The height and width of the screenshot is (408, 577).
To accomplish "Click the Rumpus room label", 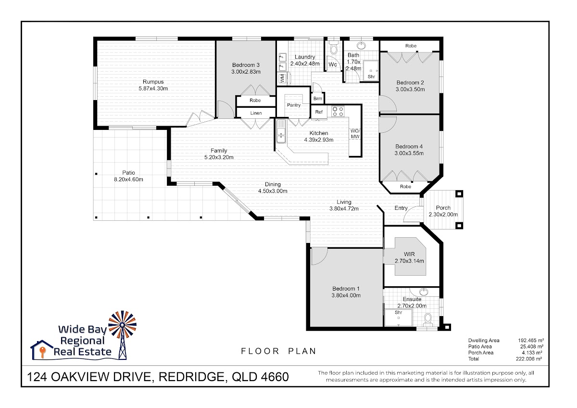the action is tap(153, 82).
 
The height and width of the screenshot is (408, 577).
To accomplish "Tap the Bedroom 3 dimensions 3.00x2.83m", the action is tap(246, 72).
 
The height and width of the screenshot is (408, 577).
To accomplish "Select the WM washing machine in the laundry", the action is tap(283, 78).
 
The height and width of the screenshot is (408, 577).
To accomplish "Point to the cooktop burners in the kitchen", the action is tap(338, 112).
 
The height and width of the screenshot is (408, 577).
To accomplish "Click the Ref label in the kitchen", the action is tap(319, 112).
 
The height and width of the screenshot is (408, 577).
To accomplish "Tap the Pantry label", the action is tap(294, 105).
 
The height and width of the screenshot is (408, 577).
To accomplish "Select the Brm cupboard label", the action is tap(318, 99).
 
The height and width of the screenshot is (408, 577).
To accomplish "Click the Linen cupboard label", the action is tap(256, 113).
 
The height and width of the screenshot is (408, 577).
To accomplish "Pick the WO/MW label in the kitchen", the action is tap(355, 134).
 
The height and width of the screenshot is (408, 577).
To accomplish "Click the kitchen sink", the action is tap(281, 131).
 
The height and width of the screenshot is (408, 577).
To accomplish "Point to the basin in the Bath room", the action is tap(361, 46).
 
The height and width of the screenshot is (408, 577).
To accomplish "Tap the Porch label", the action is tap(443, 208).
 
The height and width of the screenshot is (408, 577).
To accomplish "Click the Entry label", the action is tap(401, 208).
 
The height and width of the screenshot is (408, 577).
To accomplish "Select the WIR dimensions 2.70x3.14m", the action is tap(409, 261).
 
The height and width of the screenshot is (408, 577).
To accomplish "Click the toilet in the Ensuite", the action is tap(428, 320).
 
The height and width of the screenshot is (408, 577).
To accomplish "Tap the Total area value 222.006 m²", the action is tap(529, 359).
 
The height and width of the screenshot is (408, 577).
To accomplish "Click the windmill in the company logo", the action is tap(123, 334).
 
